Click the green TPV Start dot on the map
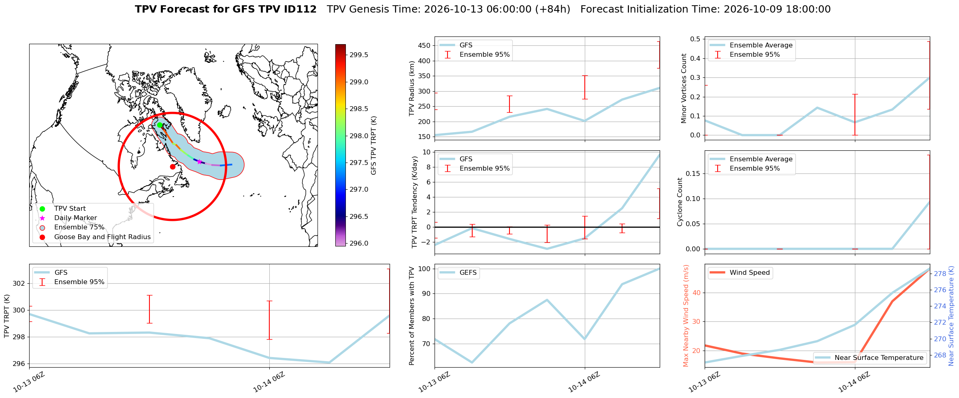pos(160,125)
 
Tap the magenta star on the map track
pos(199,162)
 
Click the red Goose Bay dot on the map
pos(173,167)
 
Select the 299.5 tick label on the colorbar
pos(359,55)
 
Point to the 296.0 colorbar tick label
pos(359,243)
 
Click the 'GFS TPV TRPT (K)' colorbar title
pos(374,146)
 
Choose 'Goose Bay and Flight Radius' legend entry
pos(102,237)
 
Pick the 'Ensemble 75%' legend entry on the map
pos(79,227)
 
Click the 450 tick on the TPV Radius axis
pos(424,45)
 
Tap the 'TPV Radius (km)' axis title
pos(412,88)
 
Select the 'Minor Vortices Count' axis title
pos(684,88)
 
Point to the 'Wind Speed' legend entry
pos(750,273)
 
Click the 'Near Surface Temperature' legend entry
pos(879,358)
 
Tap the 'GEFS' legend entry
pos(468,273)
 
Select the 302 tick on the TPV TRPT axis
pos(19,283)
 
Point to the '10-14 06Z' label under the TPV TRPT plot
pos(269,382)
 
